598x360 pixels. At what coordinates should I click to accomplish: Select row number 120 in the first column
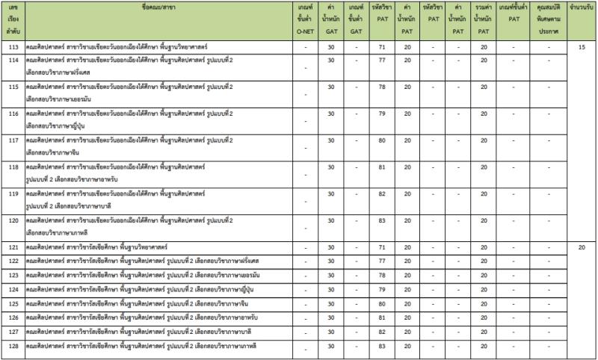(13, 220)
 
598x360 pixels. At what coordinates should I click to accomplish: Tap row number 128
(13, 345)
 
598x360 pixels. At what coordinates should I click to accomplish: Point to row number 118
(13, 167)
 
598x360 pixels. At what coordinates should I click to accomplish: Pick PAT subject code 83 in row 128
(382, 345)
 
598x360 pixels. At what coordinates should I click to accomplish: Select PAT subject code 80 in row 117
(382, 140)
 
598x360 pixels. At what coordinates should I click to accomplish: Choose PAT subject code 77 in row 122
(382, 261)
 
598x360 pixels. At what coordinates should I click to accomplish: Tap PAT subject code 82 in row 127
(382, 332)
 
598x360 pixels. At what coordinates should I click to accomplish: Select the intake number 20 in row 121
(582, 247)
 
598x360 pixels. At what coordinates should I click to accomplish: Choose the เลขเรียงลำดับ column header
(13, 20)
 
